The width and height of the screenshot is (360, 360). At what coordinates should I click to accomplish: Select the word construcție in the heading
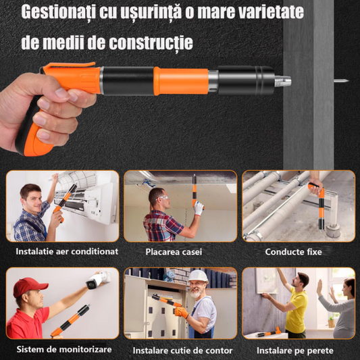151,43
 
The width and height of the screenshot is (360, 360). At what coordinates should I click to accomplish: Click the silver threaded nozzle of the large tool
283,81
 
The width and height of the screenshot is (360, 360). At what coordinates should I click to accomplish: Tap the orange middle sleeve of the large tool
181,81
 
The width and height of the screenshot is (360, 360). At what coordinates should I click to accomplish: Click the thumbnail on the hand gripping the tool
63,93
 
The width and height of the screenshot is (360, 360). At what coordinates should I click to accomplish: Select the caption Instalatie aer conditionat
67,251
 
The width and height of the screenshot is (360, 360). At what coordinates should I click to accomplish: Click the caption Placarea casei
174,252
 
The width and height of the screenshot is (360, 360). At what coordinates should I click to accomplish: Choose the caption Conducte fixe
293,252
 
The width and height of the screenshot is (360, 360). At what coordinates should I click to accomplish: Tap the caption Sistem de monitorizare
64,349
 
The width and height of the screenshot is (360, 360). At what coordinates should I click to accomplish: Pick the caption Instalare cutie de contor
183,351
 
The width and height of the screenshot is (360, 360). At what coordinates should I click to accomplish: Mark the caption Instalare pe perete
295,351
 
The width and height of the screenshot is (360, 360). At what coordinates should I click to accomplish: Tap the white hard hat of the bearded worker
198,276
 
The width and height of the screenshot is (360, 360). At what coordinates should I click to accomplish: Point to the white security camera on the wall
96,280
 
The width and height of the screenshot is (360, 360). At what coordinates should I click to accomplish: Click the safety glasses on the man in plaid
163,198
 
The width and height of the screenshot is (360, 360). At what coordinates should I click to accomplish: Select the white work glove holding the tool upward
198,208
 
